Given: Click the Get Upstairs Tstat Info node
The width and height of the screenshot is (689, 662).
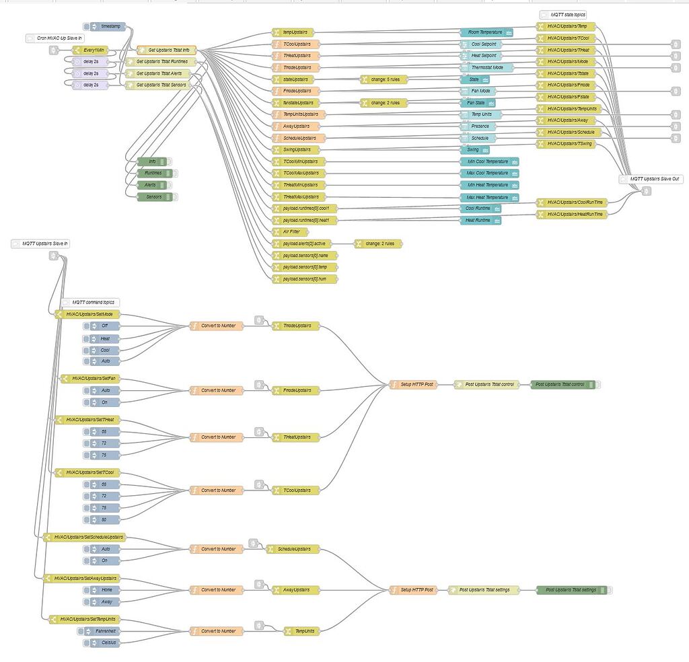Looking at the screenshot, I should pos(166,50).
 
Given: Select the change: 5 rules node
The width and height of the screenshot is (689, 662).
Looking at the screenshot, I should pos(384,79).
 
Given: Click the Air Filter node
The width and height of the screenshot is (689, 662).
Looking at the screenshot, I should pos(286,231).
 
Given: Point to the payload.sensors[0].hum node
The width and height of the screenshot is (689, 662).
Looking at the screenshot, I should pos(304,279).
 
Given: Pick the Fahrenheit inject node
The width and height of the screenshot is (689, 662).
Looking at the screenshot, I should pos(102,631).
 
